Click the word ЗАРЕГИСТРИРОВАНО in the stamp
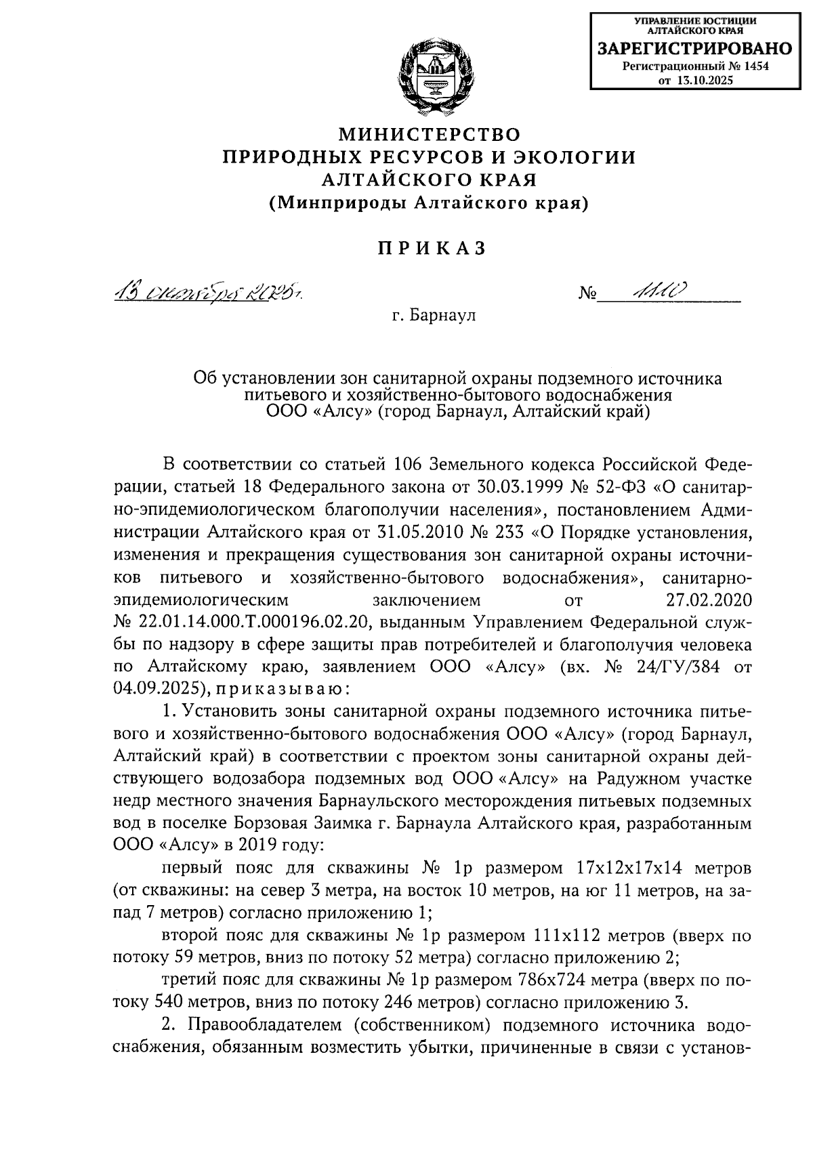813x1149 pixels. [x=694, y=48]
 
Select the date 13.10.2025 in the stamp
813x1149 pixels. [x=705, y=80]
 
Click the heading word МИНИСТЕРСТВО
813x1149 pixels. [x=430, y=133]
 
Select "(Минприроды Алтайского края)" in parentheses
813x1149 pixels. [x=430, y=203]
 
